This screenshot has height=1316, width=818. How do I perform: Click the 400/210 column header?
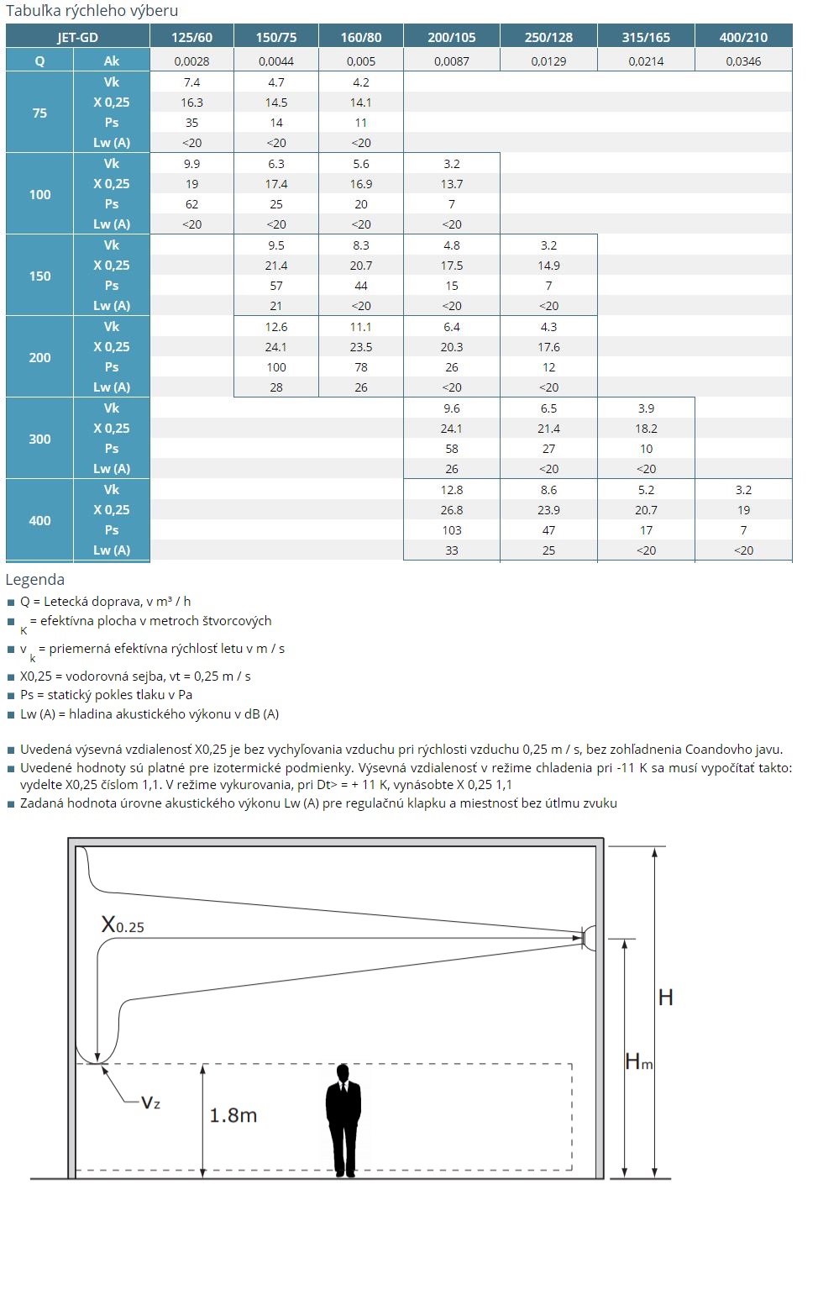[x=743, y=37]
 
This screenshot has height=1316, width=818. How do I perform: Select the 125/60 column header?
[x=191, y=37]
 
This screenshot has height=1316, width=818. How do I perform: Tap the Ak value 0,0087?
[x=451, y=61]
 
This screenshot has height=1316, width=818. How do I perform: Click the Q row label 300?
[x=39, y=439]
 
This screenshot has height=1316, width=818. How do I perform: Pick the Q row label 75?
[x=39, y=113]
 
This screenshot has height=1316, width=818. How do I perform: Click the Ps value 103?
[x=451, y=530]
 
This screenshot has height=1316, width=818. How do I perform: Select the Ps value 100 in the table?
[x=276, y=367]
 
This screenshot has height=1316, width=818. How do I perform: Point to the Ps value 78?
[x=361, y=367]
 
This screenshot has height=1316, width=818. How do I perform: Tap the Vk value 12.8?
[x=451, y=490]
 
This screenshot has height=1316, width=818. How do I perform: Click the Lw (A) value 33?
[x=451, y=550]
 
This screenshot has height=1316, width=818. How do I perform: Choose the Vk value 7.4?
[x=191, y=82]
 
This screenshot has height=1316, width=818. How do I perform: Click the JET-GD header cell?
[x=77, y=37]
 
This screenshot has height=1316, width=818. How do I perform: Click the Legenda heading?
[x=34, y=579]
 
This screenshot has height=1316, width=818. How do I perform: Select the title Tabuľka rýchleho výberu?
[x=92, y=11]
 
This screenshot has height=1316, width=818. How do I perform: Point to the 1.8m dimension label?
[x=233, y=1115]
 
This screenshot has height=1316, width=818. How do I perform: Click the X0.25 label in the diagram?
[x=123, y=925]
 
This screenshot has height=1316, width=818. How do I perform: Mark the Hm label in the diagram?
[x=639, y=1062]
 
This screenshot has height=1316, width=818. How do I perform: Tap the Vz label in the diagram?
[x=150, y=1103]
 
